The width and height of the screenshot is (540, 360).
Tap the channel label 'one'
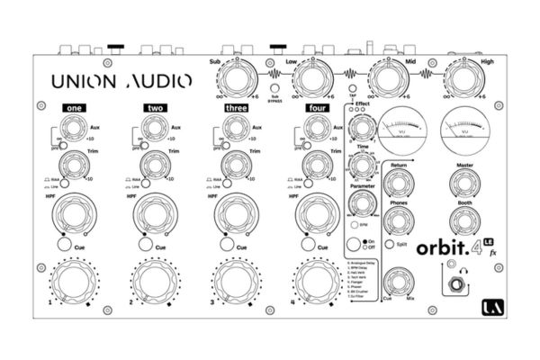tap(74, 108)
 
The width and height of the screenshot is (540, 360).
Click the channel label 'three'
tap(237, 108)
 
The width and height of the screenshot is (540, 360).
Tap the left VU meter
tap(402, 125)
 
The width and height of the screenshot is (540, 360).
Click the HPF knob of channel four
tap(315, 214)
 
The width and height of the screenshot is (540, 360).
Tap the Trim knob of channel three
tap(232, 165)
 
